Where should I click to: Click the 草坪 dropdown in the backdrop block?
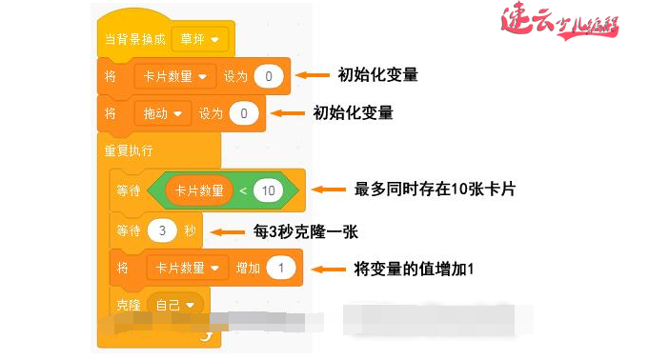point(200,40)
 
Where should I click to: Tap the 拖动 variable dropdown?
point(163,113)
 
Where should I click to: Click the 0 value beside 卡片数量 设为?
point(269,75)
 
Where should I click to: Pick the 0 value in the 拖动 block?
point(244,113)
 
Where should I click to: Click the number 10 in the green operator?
point(268,190)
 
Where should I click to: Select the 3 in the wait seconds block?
point(163,230)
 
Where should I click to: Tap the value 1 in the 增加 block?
point(281,269)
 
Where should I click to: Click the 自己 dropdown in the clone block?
point(178,305)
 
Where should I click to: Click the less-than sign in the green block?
point(243,190)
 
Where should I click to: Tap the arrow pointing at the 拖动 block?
point(287,113)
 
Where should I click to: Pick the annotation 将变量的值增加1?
point(413,270)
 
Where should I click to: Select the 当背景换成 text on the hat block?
point(134,40)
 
